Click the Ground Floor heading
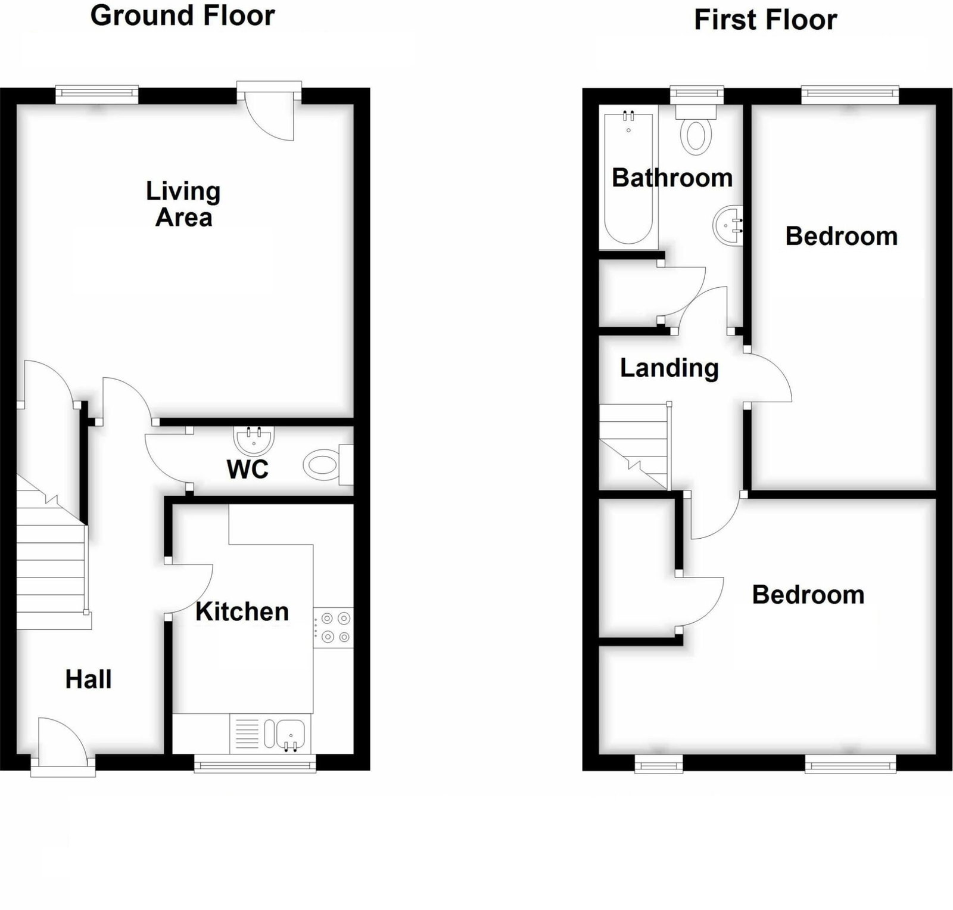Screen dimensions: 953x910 pos(182,15)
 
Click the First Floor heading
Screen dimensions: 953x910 pos(765,20)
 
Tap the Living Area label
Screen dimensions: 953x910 pos(183,204)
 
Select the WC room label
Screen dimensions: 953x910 pos(248,470)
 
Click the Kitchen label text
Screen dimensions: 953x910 pos(242,611)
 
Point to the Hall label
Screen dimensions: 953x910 pos(88,679)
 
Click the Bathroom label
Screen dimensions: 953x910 pos(672,178)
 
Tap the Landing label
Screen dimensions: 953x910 pos(669,368)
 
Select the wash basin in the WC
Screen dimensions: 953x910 pos(255,440)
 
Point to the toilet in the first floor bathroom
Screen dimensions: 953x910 pos(696,129)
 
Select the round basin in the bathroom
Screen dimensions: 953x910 pos(728,225)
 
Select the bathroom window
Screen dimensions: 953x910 pos(697,95)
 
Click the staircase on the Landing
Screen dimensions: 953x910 pos(634,446)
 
